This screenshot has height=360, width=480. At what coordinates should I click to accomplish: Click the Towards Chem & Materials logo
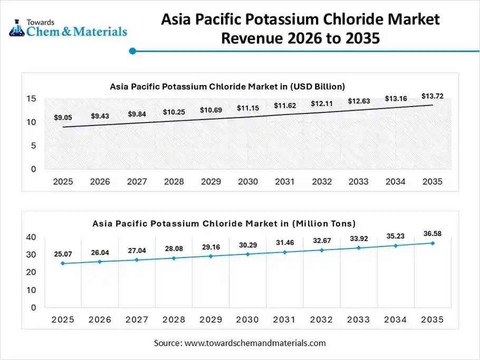coord(68,27)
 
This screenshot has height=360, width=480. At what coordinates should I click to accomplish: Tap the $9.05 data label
coord(63,118)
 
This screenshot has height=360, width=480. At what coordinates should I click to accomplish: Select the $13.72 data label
coord(432,96)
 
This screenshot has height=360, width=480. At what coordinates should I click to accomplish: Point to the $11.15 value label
coord(247,108)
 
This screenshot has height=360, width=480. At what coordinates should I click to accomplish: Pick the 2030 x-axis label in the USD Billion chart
coord(247,182)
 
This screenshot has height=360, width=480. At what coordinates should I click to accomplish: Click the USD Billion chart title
coord(227,86)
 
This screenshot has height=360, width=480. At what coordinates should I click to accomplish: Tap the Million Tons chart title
coord(224,223)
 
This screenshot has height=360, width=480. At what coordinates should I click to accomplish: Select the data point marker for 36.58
coord(433,243)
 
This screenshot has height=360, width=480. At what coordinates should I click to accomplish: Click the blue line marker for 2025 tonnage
coord(63,263)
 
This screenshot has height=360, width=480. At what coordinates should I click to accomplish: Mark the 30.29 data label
coord(247,245)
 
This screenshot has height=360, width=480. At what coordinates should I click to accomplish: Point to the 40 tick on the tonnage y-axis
coord(31,238)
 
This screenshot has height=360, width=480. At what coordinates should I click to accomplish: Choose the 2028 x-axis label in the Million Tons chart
coord(174,319)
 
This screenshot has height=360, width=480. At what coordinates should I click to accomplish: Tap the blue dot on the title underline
coord(132,51)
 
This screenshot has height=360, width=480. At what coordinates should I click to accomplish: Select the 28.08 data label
coord(174,249)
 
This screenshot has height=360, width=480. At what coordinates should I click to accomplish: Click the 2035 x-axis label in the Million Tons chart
coord(432,319)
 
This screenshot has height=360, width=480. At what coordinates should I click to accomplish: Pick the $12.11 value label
coord(321,103)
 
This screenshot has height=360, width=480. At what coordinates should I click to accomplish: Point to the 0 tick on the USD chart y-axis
coord(33,169)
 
